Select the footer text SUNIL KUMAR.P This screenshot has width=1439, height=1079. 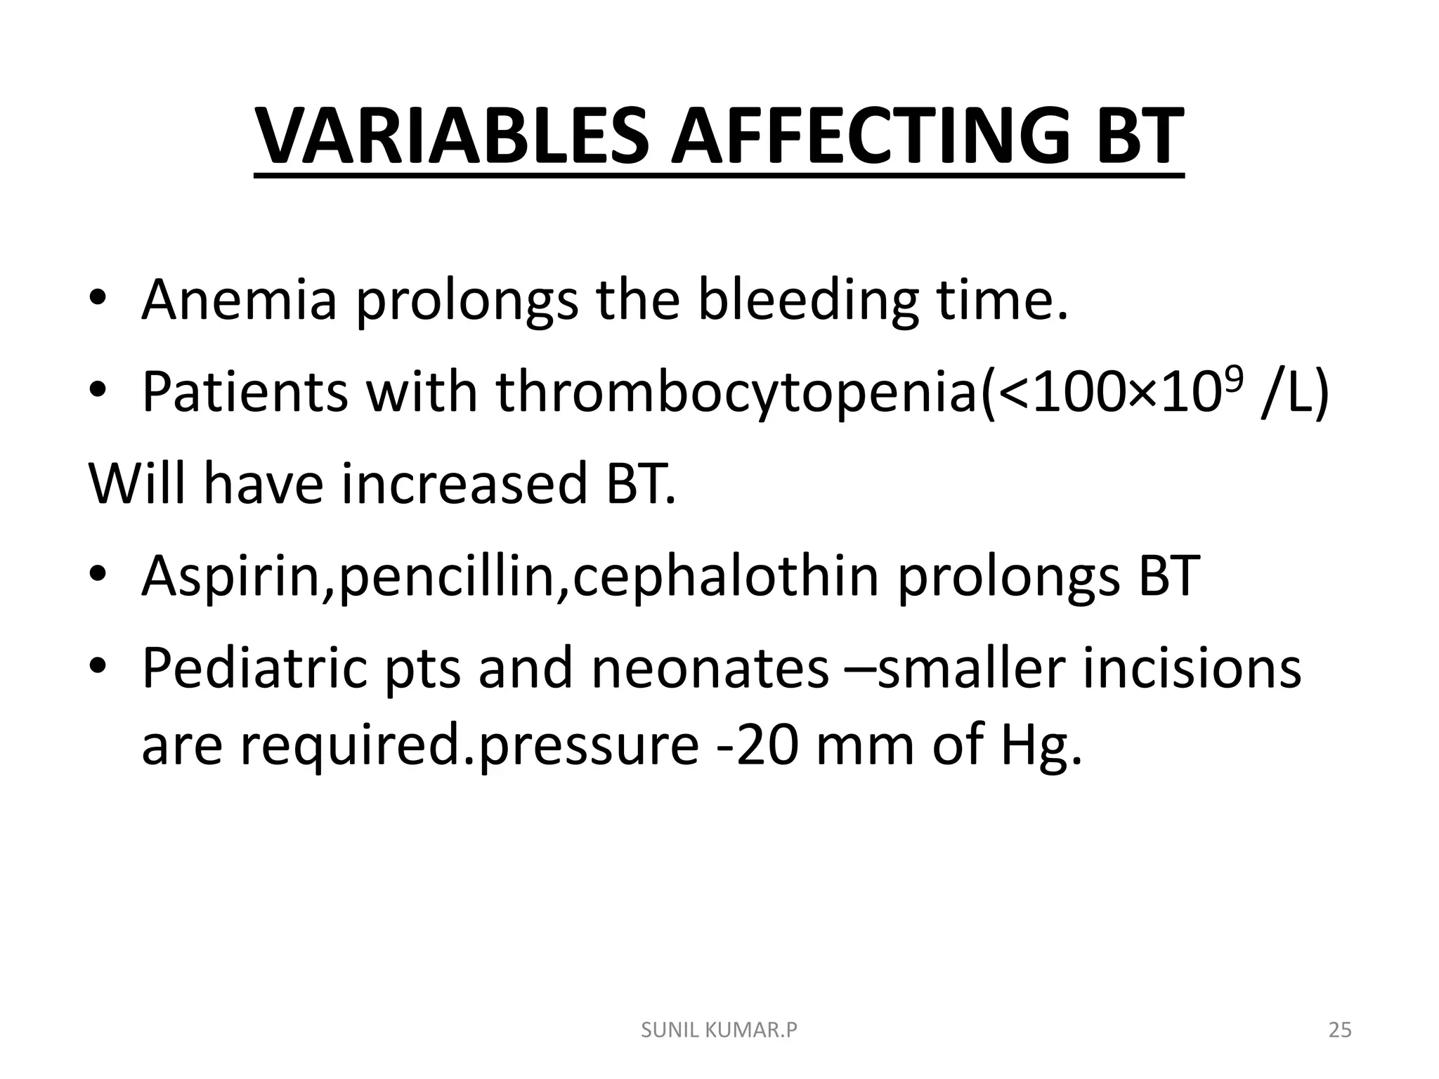coord(719,1031)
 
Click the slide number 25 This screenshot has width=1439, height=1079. coord(1340,1031)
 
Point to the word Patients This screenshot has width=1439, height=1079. coord(245,391)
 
